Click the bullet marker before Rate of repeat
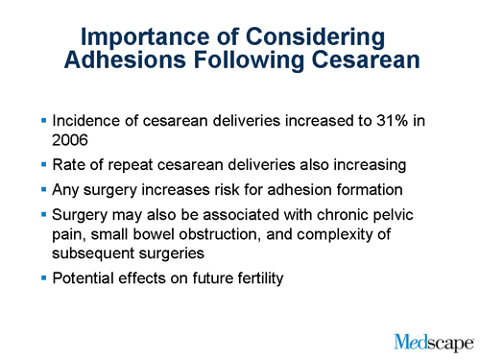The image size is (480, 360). coord(43,164)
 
